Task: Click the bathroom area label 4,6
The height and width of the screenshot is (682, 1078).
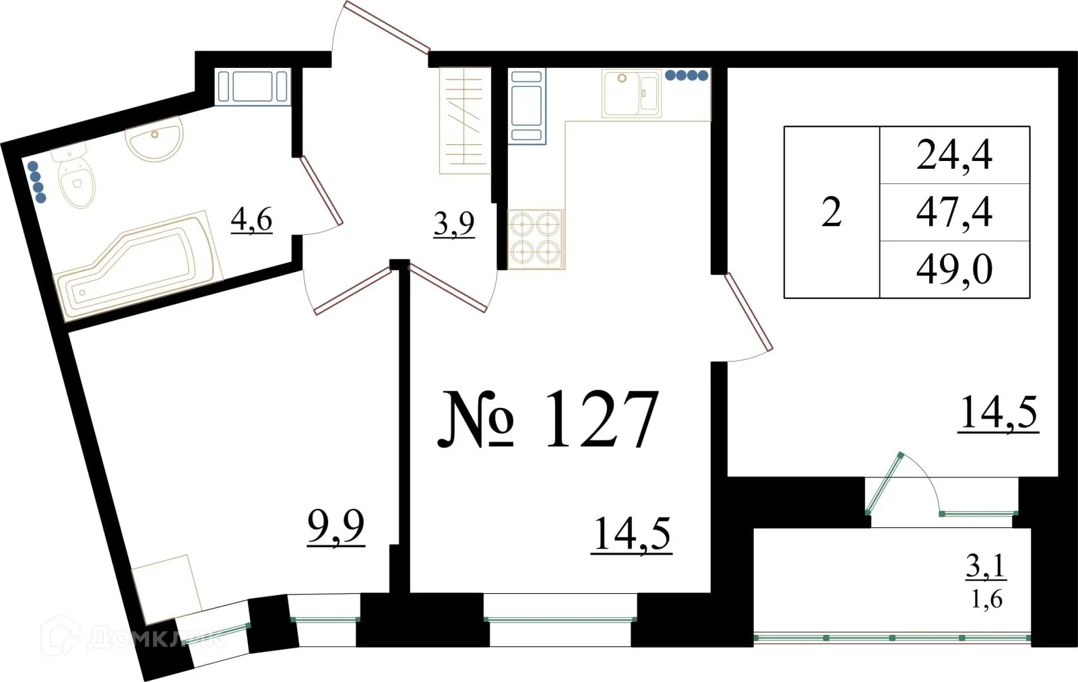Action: pyautogui.click(x=251, y=219)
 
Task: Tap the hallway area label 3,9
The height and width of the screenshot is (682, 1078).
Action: pyautogui.click(x=453, y=224)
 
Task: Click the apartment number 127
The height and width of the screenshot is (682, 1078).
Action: pyautogui.click(x=600, y=419)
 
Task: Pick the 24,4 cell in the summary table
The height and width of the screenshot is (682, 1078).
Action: pyautogui.click(x=954, y=156)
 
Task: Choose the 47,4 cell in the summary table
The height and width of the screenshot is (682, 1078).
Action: pyautogui.click(x=954, y=212)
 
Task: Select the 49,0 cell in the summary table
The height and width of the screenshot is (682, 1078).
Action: pyautogui.click(x=954, y=269)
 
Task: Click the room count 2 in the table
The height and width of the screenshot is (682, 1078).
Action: pyautogui.click(x=831, y=213)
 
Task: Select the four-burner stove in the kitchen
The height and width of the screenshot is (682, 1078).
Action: pyautogui.click(x=536, y=238)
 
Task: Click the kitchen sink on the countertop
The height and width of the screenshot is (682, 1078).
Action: pyautogui.click(x=631, y=93)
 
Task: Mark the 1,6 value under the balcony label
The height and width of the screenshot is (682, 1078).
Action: pyautogui.click(x=986, y=599)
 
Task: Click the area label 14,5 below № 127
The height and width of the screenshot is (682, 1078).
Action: pyautogui.click(x=631, y=535)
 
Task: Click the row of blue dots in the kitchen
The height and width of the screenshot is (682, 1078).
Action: pyautogui.click(x=687, y=76)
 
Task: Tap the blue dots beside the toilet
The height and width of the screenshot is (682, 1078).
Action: pyautogui.click(x=37, y=181)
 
